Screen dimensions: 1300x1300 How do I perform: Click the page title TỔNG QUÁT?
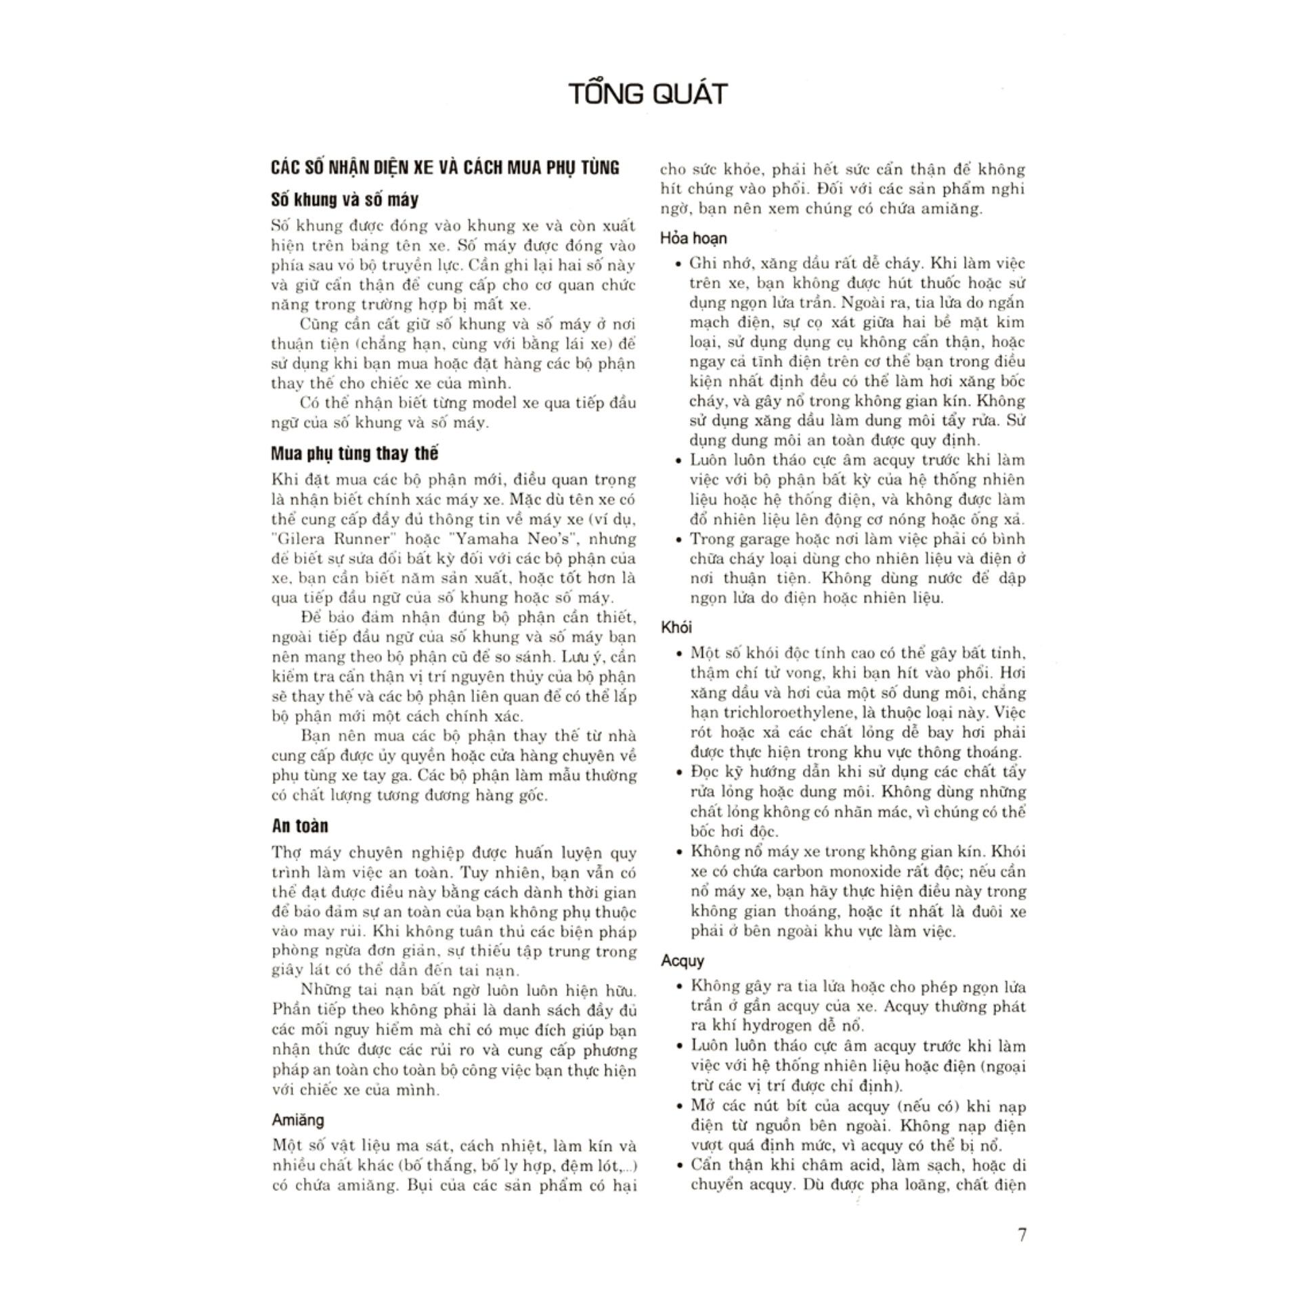[x=647, y=93]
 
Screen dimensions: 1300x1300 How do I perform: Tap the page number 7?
[x=1022, y=1234]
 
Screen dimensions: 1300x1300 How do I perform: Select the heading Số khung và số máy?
[x=344, y=200]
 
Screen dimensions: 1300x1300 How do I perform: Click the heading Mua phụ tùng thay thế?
[x=354, y=453]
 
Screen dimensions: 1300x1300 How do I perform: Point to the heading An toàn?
[x=300, y=826]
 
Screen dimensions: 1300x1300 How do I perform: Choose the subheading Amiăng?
[x=298, y=1120]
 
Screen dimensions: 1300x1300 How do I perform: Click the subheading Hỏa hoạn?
[x=693, y=238]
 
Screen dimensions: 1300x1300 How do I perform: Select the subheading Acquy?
[x=682, y=961]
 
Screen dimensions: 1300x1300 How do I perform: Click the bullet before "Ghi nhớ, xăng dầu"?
[x=678, y=265]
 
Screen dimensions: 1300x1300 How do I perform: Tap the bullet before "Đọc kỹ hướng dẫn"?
[x=678, y=773]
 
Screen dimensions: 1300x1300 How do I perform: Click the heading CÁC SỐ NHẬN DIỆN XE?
[x=445, y=167]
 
